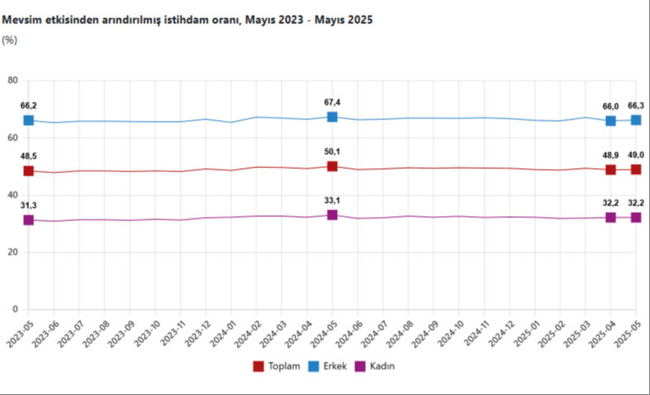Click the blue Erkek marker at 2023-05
[28, 120]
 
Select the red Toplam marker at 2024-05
[332, 166]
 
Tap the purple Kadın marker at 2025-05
[636, 217]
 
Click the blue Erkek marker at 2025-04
[611, 121]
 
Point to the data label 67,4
[332, 103]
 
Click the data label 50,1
[332, 152]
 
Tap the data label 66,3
[636, 106]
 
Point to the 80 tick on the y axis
[12, 80]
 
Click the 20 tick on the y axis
[12, 253]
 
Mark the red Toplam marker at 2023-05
[28, 171]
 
